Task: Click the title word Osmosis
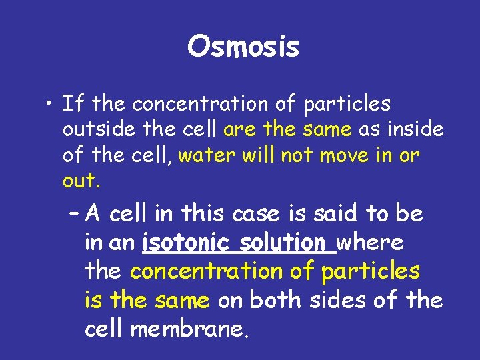[x=243, y=47]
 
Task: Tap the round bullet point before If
[x=49, y=105]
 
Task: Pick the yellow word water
[x=203, y=155]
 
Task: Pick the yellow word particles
[x=371, y=272]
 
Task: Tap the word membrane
[x=189, y=330]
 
